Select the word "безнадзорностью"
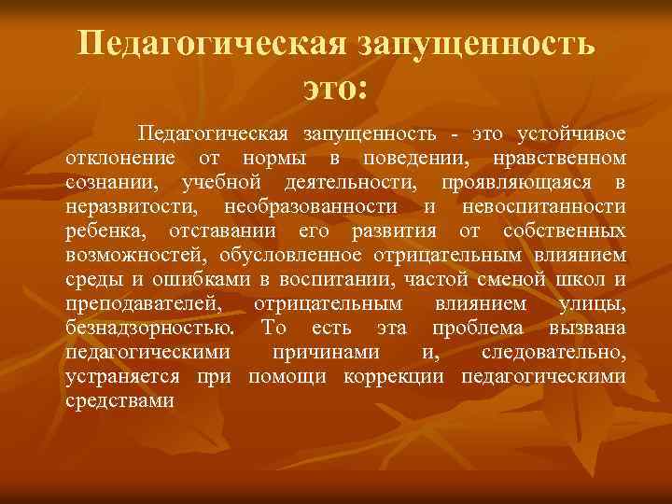[150, 328]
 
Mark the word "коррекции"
[403, 376]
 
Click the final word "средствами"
[121, 400]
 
